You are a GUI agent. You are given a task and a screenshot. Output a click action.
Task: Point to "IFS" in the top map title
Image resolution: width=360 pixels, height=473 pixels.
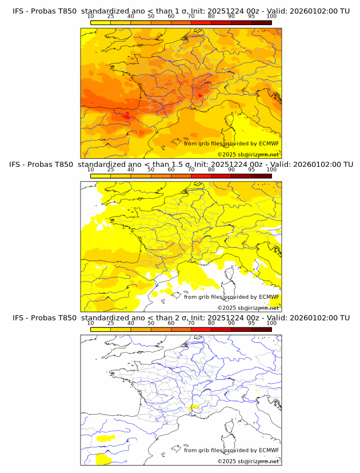coord(19,11)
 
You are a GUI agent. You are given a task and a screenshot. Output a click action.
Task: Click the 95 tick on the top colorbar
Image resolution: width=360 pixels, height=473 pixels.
coord(251,16)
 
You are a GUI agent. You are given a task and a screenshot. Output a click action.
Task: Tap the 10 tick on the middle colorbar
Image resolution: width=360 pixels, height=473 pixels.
coord(90,169)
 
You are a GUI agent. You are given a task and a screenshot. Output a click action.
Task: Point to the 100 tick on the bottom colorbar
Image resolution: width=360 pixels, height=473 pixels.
coord(271,322)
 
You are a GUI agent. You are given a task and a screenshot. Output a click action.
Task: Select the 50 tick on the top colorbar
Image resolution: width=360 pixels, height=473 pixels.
coord(151,16)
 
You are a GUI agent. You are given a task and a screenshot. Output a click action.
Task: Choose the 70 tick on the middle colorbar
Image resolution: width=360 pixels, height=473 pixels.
coord(191,169)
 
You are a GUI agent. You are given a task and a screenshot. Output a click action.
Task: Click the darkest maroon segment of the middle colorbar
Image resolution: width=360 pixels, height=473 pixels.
coord(261,176)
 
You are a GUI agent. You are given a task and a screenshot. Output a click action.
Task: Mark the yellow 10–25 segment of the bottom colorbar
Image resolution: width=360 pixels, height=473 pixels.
coord(101,329)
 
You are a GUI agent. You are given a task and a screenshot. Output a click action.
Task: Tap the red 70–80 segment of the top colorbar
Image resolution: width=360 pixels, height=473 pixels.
coord(201,23)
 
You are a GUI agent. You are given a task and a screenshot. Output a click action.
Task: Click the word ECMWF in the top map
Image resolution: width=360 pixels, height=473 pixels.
coord(269,143)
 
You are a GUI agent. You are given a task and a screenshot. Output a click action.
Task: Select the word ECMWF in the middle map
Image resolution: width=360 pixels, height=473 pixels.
coord(269,296)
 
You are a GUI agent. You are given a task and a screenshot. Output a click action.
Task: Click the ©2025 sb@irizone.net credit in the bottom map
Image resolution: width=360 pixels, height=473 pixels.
coord(248,461)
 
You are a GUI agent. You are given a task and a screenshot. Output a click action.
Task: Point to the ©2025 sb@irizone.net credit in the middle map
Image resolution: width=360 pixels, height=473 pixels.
coord(248,308)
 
